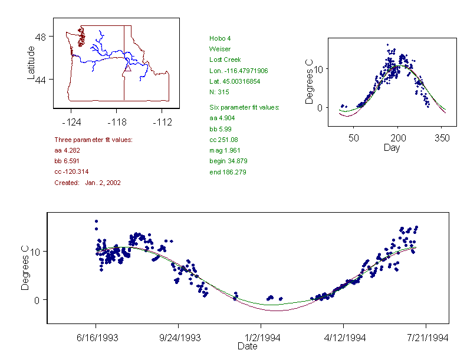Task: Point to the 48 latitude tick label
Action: coord(41,37)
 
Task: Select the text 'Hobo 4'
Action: coord(219,38)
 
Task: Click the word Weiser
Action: coord(219,49)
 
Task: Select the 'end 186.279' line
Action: coord(228,172)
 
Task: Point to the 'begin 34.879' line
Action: coord(229,161)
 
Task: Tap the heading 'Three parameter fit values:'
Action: coord(93,140)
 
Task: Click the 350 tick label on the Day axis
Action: coord(442,138)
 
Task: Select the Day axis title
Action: coord(391,148)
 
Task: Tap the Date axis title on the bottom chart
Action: coord(247,346)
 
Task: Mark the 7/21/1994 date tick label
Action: coord(426,338)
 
